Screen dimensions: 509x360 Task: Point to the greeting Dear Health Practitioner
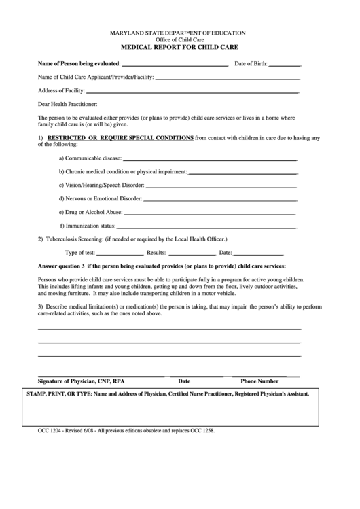pos(68,104)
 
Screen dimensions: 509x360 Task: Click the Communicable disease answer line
pos(210,158)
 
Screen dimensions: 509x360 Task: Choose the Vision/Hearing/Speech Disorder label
pos(101,185)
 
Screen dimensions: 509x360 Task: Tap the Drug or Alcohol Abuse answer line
pos(211,212)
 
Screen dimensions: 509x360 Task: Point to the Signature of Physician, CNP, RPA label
pos(81,381)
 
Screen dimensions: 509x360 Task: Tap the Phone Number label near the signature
pos(259,381)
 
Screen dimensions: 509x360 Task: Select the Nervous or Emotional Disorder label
pos(101,198)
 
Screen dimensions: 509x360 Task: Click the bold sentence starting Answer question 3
pos(162,266)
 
